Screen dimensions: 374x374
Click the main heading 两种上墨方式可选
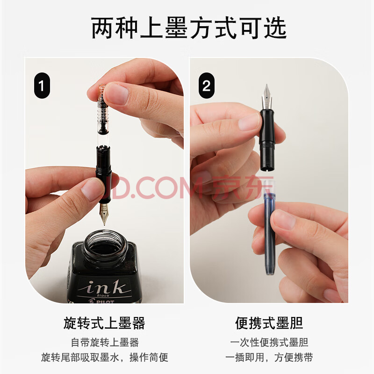[x=189, y=28]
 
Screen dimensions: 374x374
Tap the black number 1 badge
[x=42, y=86]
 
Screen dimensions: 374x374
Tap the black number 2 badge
[x=206, y=86]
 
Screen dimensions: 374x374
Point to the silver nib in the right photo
[x=266, y=97]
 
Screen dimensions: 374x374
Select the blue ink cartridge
[x=270, y=228]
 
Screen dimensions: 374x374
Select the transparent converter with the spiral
[x=103, y=115]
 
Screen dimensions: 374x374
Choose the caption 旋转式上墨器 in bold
[x=104, y=323]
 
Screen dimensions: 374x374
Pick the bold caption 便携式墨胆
[x=269, y=323]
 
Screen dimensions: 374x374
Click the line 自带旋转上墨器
[x=105, y=342]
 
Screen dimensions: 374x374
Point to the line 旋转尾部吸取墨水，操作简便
[x=104, y=357]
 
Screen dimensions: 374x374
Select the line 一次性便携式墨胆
[x=269, y=342]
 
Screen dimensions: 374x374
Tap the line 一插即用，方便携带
[x=269, y=357]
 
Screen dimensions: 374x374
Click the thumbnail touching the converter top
[x=117, y=94]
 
